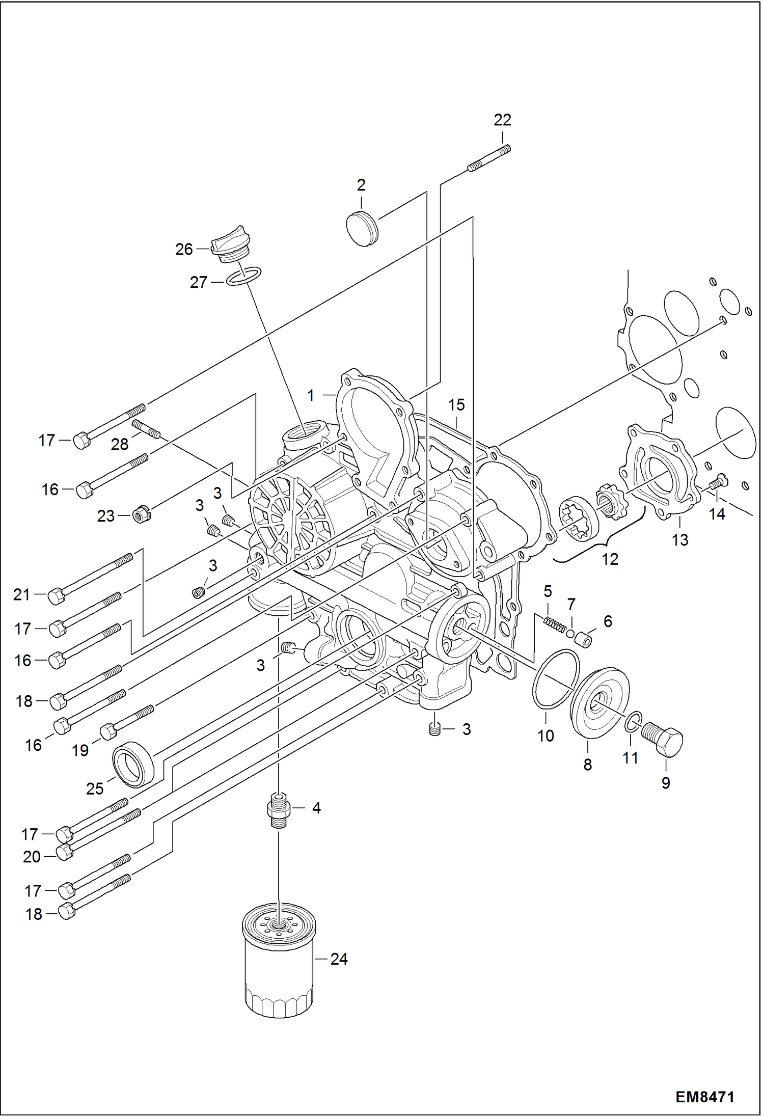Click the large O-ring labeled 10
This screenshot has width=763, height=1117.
pos(556,679)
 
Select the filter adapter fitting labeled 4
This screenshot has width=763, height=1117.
pos(279,809)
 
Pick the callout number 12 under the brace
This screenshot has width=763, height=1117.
pos(610,559)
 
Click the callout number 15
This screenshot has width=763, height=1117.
pos(456,405)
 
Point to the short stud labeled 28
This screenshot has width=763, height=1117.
pos(146,428)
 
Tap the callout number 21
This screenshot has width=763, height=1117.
pos(22,594)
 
